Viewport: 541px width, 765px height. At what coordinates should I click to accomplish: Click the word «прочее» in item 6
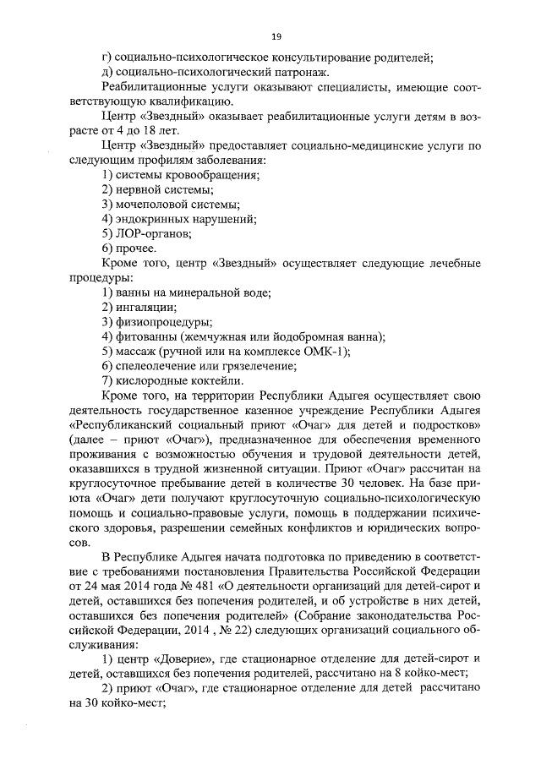pyautogui.click(x=135, y=248)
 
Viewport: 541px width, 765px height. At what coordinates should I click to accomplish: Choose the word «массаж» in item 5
pyautogui.click(x=135, y=351)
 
